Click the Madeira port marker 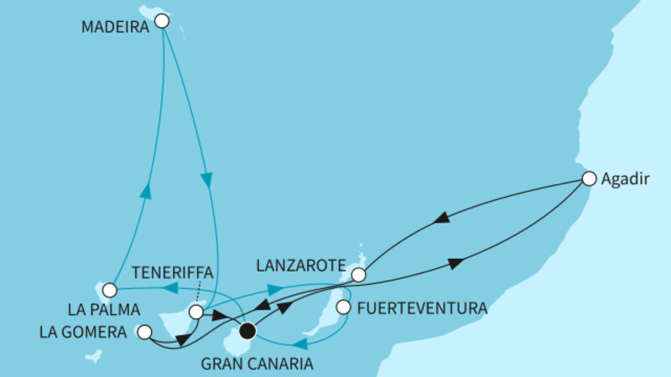pyautogui.click(x=162, y=23)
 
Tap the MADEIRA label pyautogui.click(x=116, y=26)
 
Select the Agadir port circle pyautogui.click(x=589, y=178)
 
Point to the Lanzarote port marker pyautogui.click(x=358, y=274)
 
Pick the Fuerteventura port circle pyautogui.click(x=343, y=307)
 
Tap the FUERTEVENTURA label pyautogui.click(x=422, y=308)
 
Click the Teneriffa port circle pyautogui.click(x=195, y=312)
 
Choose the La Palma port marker pyautogui.click(x=109, y=292)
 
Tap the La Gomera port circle pyautogui.click(x=143, y=332)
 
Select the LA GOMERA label pyautogui.click(x=82, y=333)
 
